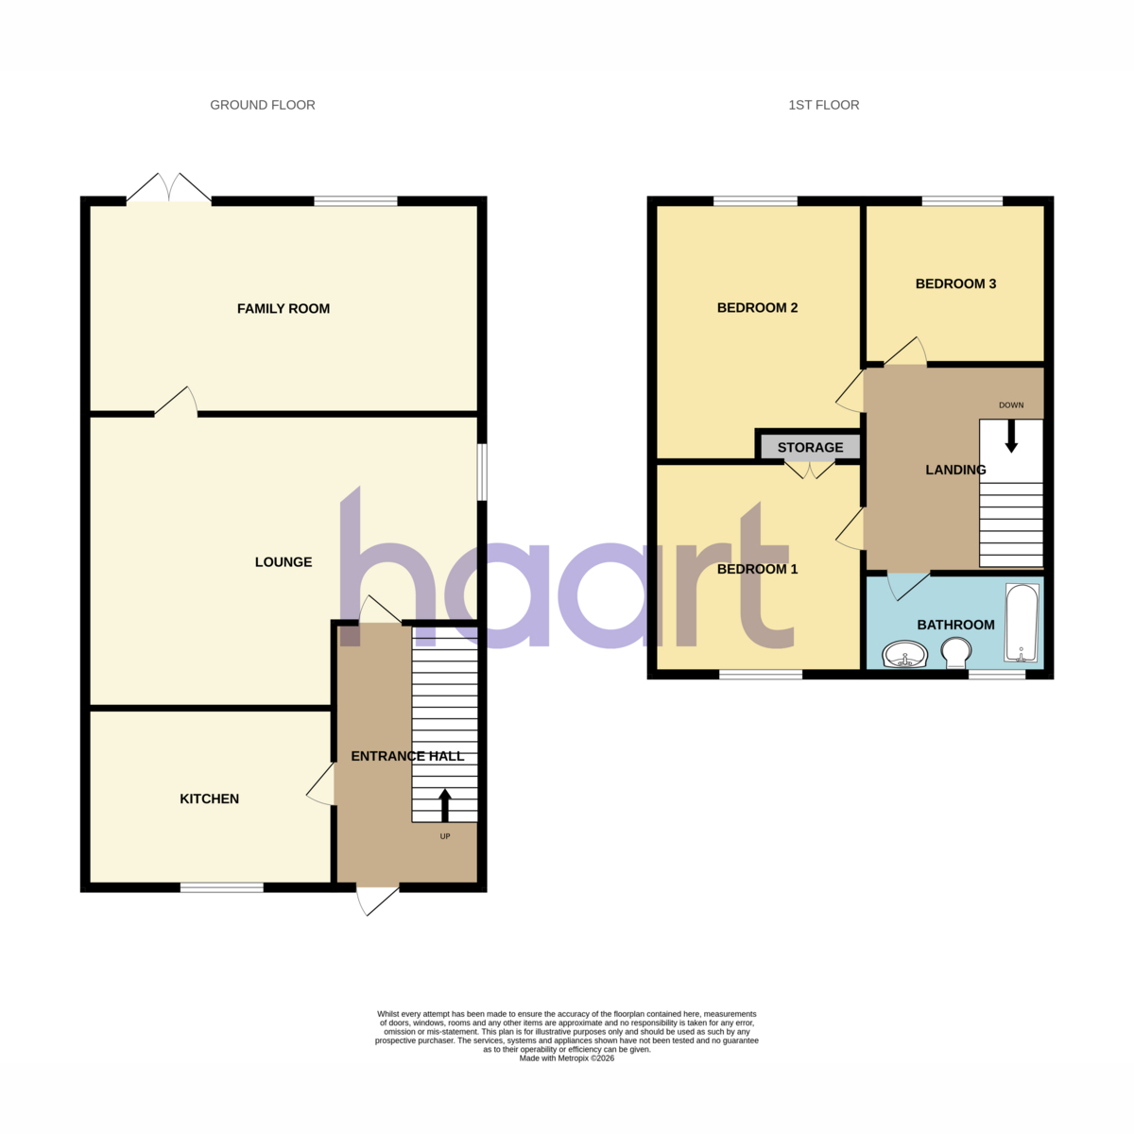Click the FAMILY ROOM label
click(283, 308)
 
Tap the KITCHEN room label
click(209, 799)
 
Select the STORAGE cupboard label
click(810, 447)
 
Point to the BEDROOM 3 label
click(955, 283)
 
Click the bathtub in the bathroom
click(1022, 623)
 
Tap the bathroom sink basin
click(904, 654)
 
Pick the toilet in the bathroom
click(955, 653)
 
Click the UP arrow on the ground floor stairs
click(444, 805)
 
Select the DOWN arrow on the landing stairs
click(1011, 436)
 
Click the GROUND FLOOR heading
click(263, 105)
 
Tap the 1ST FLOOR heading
click(823, 105)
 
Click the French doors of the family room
click(169, 188)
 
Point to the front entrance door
click(378, 900)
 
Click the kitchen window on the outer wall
click(221, 887)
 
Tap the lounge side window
click(481, 472)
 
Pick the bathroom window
click(997, 675)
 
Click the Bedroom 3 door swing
click(905, 351)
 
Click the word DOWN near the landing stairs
click(1011, 404)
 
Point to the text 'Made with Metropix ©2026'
click(566, 1058)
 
